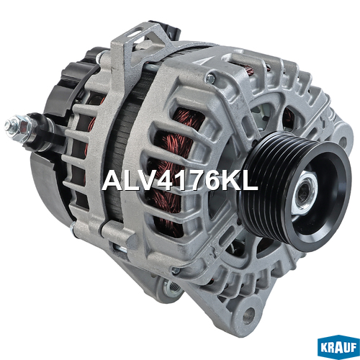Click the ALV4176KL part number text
click(x=180, y=180)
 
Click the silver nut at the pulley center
click(x=303, y=192)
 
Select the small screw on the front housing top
click(x=210, y=78)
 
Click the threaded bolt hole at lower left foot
click(x=174, y=288)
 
